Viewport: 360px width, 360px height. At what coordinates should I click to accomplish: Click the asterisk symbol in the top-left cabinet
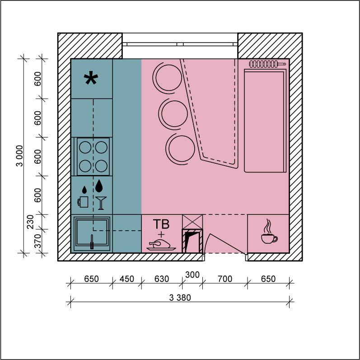(91, 78)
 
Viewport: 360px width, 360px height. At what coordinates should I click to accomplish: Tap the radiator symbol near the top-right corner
(267, 64)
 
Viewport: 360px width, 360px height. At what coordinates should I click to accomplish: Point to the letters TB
(161, 224)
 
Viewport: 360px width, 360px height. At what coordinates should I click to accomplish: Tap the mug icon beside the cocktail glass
(83, 202)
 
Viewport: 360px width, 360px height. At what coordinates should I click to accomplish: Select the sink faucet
(92, 242)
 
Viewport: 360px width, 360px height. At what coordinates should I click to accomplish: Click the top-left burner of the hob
(85, 147)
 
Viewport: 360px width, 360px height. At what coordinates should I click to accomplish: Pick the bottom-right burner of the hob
(101, 166)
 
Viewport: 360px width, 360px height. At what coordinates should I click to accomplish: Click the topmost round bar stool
(168, 78)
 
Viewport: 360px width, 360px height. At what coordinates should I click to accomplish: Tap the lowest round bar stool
(181, 149)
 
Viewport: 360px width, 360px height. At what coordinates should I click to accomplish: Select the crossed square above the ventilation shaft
(192, 222)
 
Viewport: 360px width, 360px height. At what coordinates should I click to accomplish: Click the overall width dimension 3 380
(180, 298)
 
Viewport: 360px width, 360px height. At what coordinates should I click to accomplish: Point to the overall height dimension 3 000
(20, 156)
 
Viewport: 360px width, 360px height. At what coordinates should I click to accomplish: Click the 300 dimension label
(192, 275)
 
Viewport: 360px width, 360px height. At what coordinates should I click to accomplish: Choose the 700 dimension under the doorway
(225, 279)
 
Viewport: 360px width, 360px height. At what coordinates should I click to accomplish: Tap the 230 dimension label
(30, 222)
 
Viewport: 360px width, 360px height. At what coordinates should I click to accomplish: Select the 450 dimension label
(127, 279)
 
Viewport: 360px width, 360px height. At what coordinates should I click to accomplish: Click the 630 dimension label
(162, 279)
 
